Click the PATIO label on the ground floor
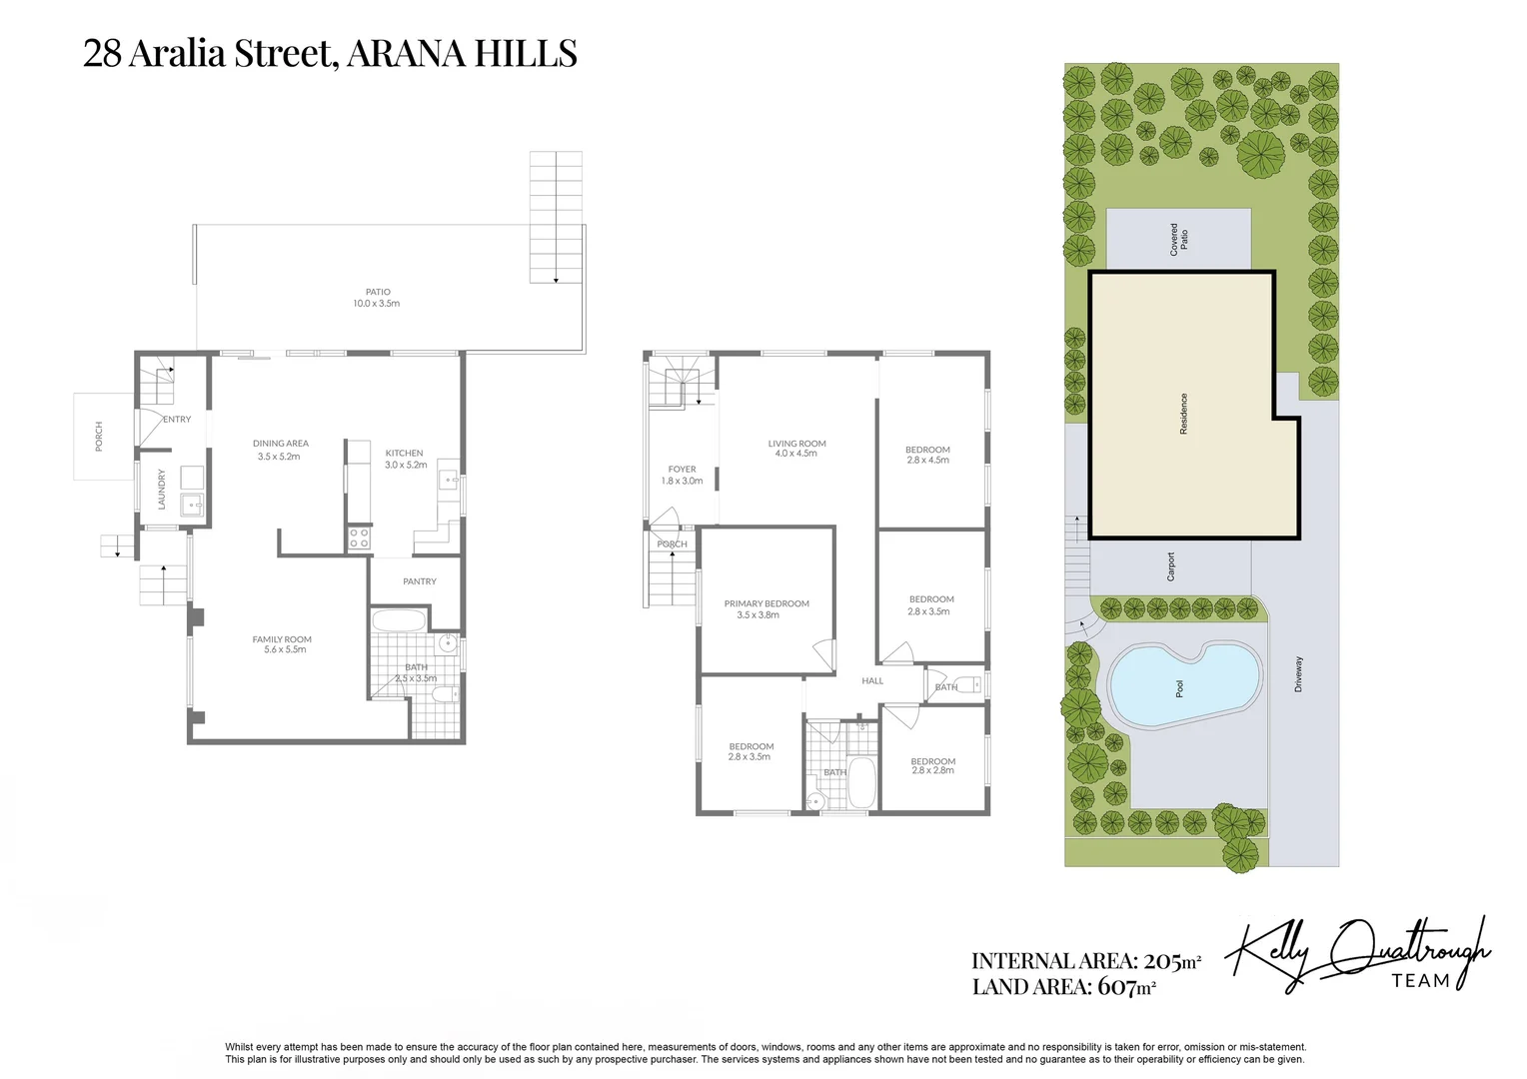point(378,292)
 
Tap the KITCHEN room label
point(405,453)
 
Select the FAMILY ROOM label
point(282,639)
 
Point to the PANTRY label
point(420,581)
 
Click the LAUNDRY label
point(162,490)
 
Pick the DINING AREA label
point(281,444)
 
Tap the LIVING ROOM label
point(797,444)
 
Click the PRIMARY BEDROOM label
point(766,603)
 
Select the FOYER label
point(683,469)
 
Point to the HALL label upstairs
point(872,680)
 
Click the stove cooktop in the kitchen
point(359,539)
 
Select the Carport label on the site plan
point(1171,566)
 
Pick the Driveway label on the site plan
point(1299,674)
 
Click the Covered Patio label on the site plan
point(1179,239)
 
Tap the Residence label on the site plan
point(1184,413)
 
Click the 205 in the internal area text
point(1162,961)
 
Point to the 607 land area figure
point(1117,987)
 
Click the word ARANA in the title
point(405,53)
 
